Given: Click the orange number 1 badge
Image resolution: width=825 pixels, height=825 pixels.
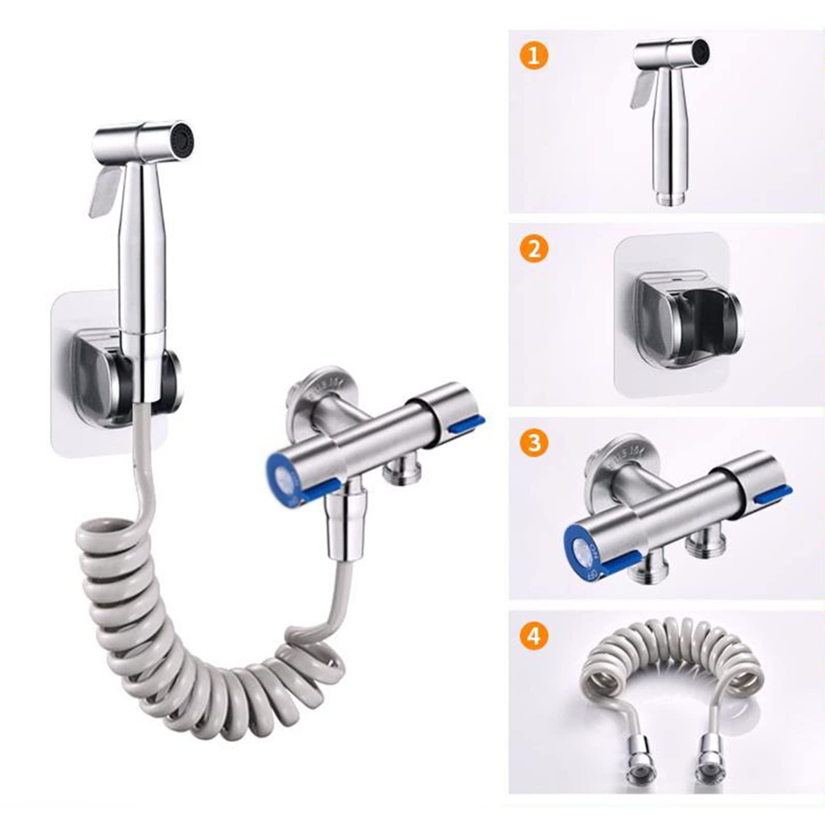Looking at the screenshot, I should pos(534,55).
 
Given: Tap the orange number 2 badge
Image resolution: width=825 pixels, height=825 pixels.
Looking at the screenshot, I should pos(534,249).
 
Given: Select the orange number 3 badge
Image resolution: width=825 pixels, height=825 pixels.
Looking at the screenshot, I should pos(534,442).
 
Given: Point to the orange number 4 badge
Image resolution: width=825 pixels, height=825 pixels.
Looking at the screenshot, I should pos(534,636).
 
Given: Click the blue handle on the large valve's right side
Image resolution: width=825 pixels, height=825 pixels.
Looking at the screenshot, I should pos(467,425).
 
